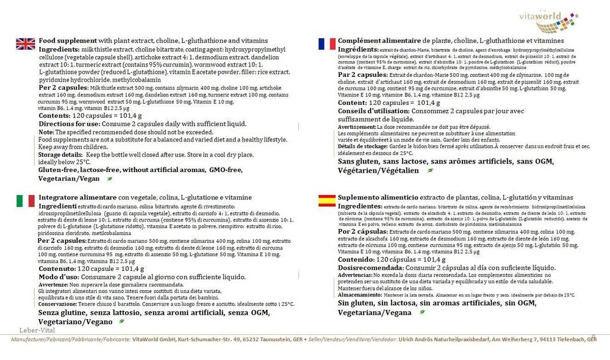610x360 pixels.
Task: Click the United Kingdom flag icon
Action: pos(26,43)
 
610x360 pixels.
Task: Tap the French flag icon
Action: pos(326,43)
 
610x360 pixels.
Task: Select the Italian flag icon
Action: pos(25,200)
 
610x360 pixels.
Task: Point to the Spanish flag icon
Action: pos(326,201)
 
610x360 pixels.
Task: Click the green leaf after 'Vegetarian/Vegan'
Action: pos(109,179)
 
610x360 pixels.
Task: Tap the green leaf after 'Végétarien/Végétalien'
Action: pos(431,171)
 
